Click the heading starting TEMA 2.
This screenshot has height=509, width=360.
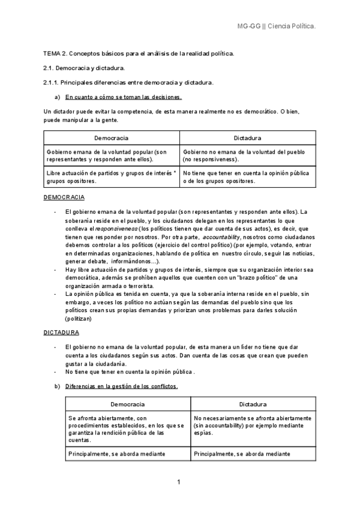coord(139,54)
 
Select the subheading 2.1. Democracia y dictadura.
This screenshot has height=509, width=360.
coord(84,68)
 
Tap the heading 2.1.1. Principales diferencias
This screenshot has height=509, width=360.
coord(129,82)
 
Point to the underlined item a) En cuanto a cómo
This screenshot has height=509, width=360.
coord(123,97)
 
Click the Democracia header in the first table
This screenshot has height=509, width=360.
coord(112,138)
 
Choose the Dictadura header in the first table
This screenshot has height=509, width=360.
coord(247,138)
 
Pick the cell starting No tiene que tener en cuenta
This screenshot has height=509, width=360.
coord(246,176)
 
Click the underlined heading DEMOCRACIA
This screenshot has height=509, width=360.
coord(64,197)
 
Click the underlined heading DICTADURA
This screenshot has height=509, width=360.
coord(61,332)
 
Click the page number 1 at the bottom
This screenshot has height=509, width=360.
coord(179,481)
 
